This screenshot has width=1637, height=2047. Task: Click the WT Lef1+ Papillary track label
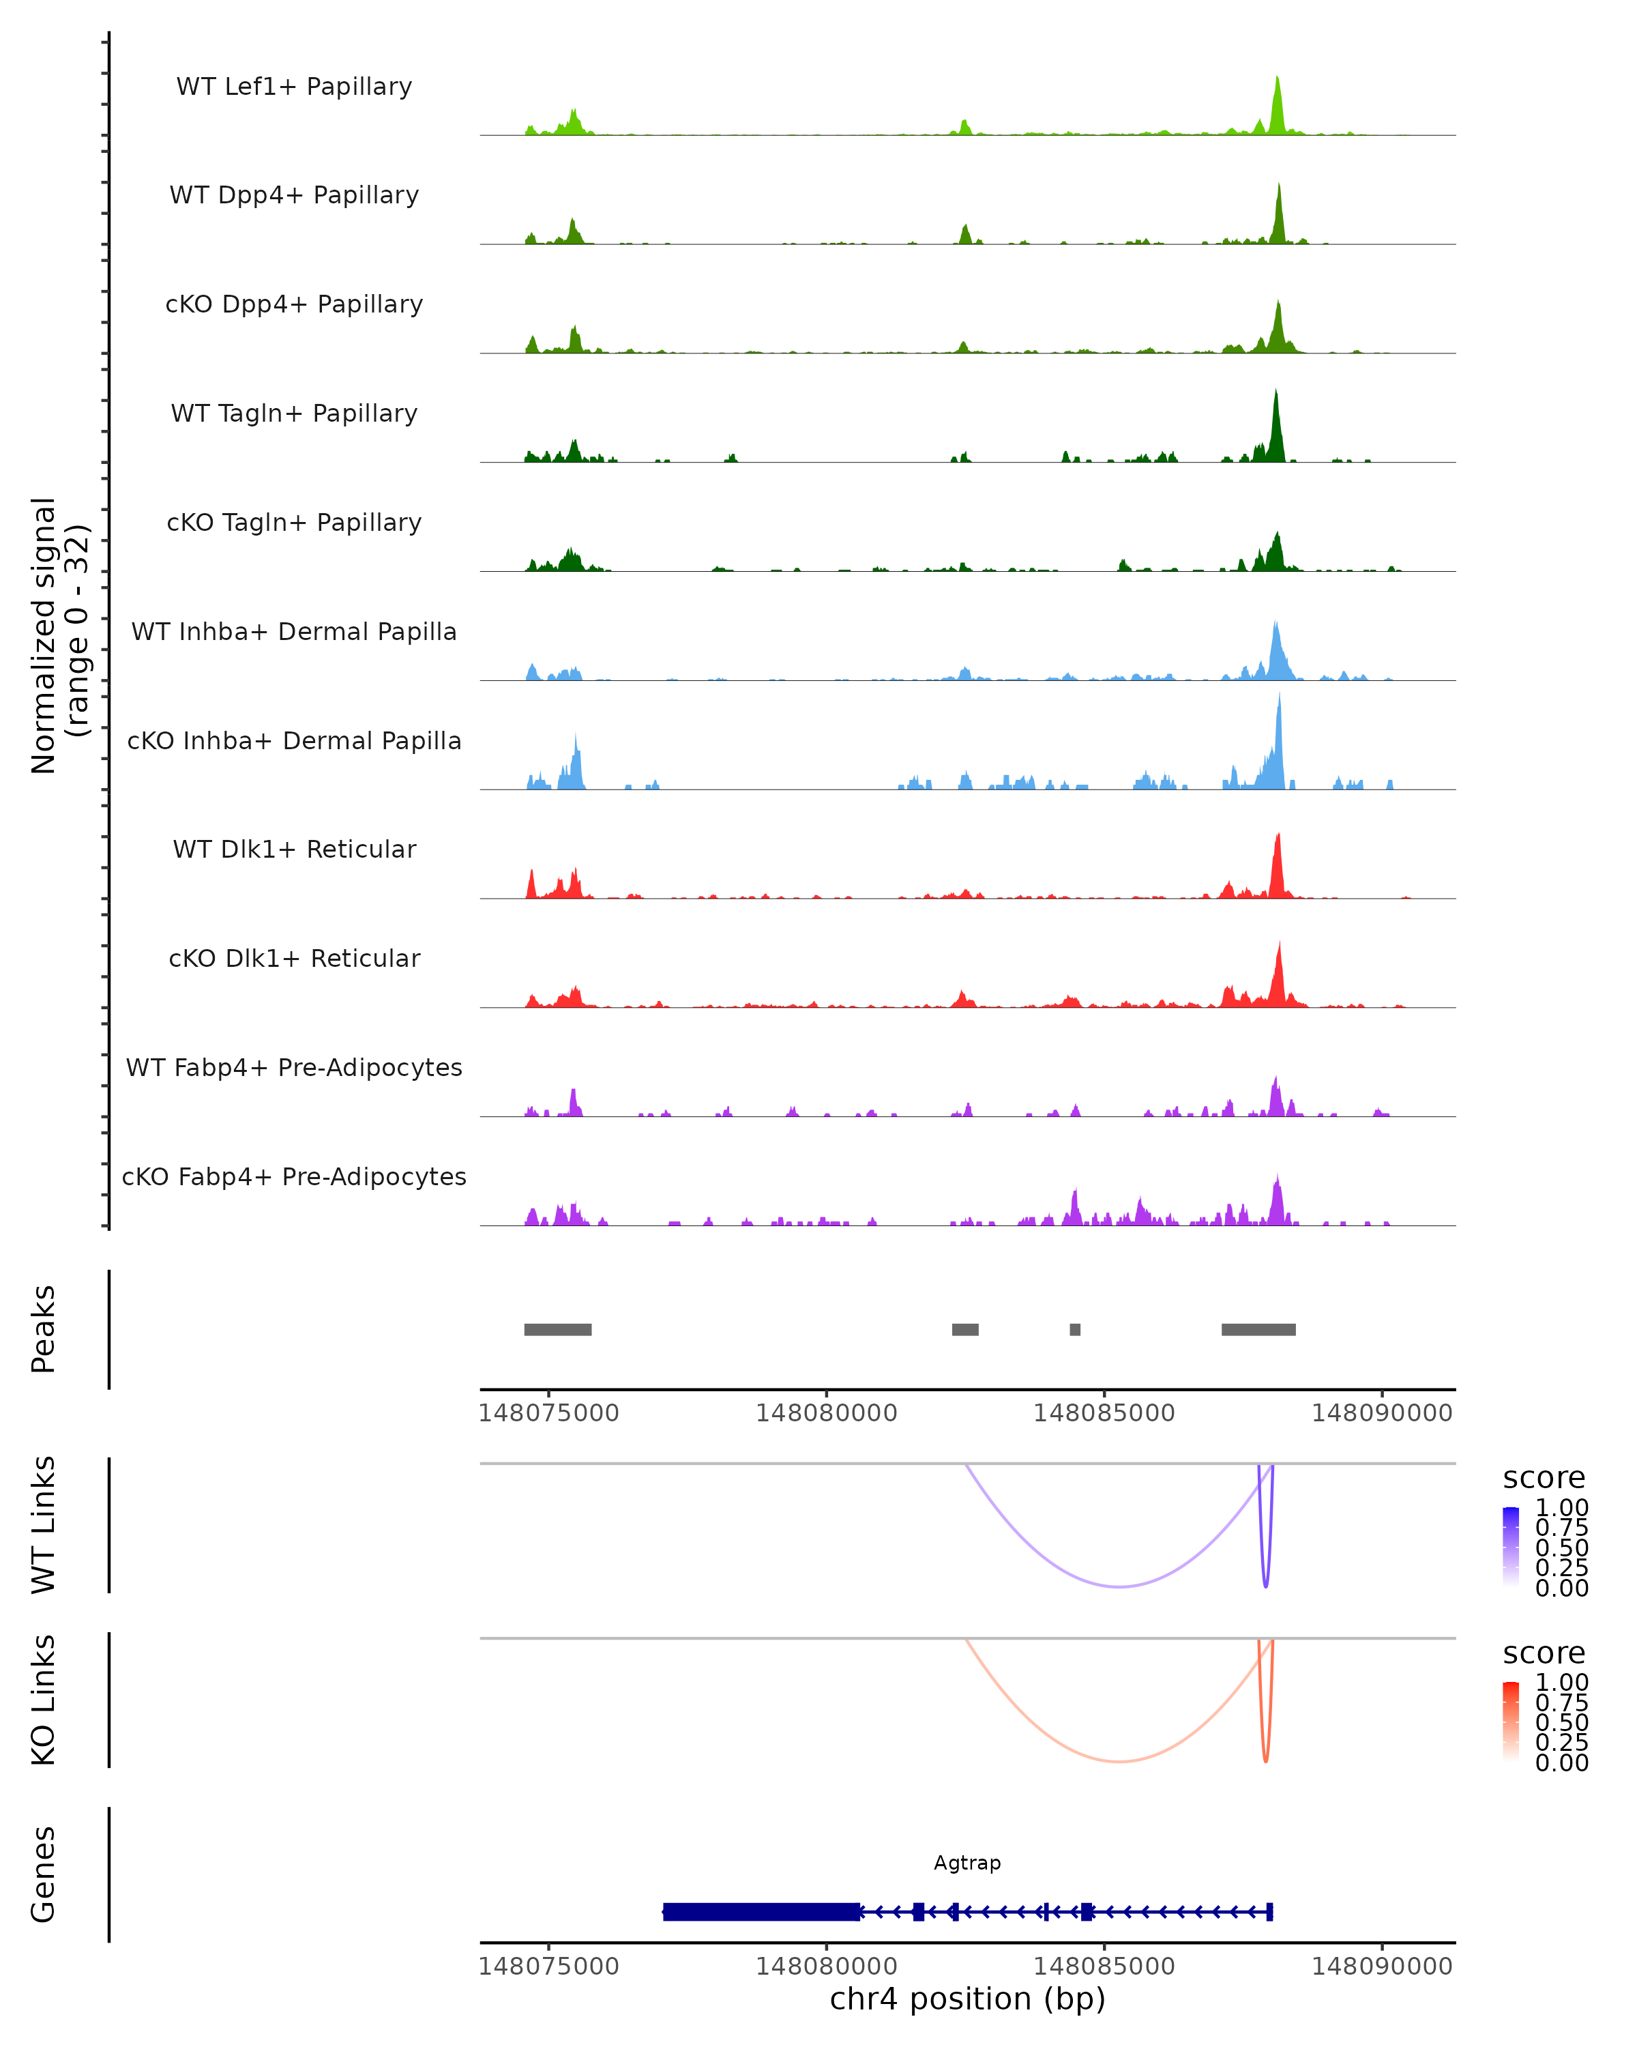pyautogui.click(x=294, y=87)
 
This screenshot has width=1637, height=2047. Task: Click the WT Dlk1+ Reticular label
pyautogui.click(x=294, y=849)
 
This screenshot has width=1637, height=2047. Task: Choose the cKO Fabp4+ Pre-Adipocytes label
pyautogui.click(x=294, y=1176)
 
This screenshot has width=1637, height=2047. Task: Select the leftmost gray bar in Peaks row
pyautogui.click(x=558, y=1329)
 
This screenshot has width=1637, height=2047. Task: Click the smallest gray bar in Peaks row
pyautogui.click(x=1074, y=1329)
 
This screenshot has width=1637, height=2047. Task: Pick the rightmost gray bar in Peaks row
pyautogui.click(x=1258, y=1329)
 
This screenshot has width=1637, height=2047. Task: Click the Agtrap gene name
pyautogui.click(x=967, y=1863)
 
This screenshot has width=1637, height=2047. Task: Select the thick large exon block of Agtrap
pyautogui.click(x=761, y=1911)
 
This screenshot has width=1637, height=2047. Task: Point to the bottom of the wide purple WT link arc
pyautogui.click(x=1120, y=1586)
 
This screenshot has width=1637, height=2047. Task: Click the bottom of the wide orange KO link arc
pyautogui.click(x=1120, y=1761)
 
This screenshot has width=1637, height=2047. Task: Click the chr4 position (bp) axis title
pyautogui.click(x=967, y=1999)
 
